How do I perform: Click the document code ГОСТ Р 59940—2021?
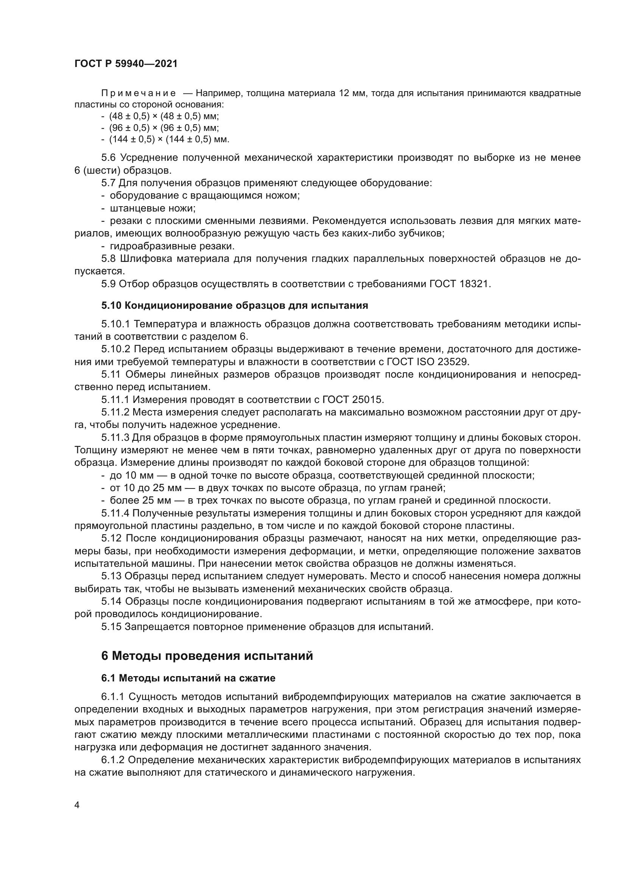126,64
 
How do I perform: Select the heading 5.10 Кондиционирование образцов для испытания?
235,306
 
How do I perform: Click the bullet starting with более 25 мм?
330,501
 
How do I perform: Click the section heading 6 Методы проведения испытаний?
207,656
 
